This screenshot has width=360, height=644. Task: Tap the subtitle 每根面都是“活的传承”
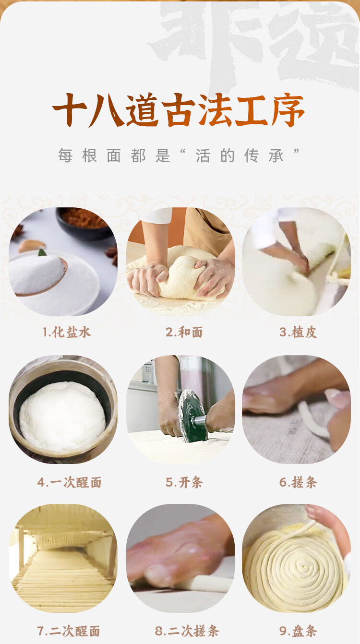(179, 155)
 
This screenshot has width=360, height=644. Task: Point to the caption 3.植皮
(298, 332)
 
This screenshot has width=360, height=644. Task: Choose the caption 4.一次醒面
(69, 482)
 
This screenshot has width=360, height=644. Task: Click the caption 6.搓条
(298, 482)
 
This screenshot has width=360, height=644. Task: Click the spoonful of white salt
(37, 275)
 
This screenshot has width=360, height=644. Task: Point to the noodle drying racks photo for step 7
(63, 558)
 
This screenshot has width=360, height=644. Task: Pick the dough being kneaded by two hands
(181, 276)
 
